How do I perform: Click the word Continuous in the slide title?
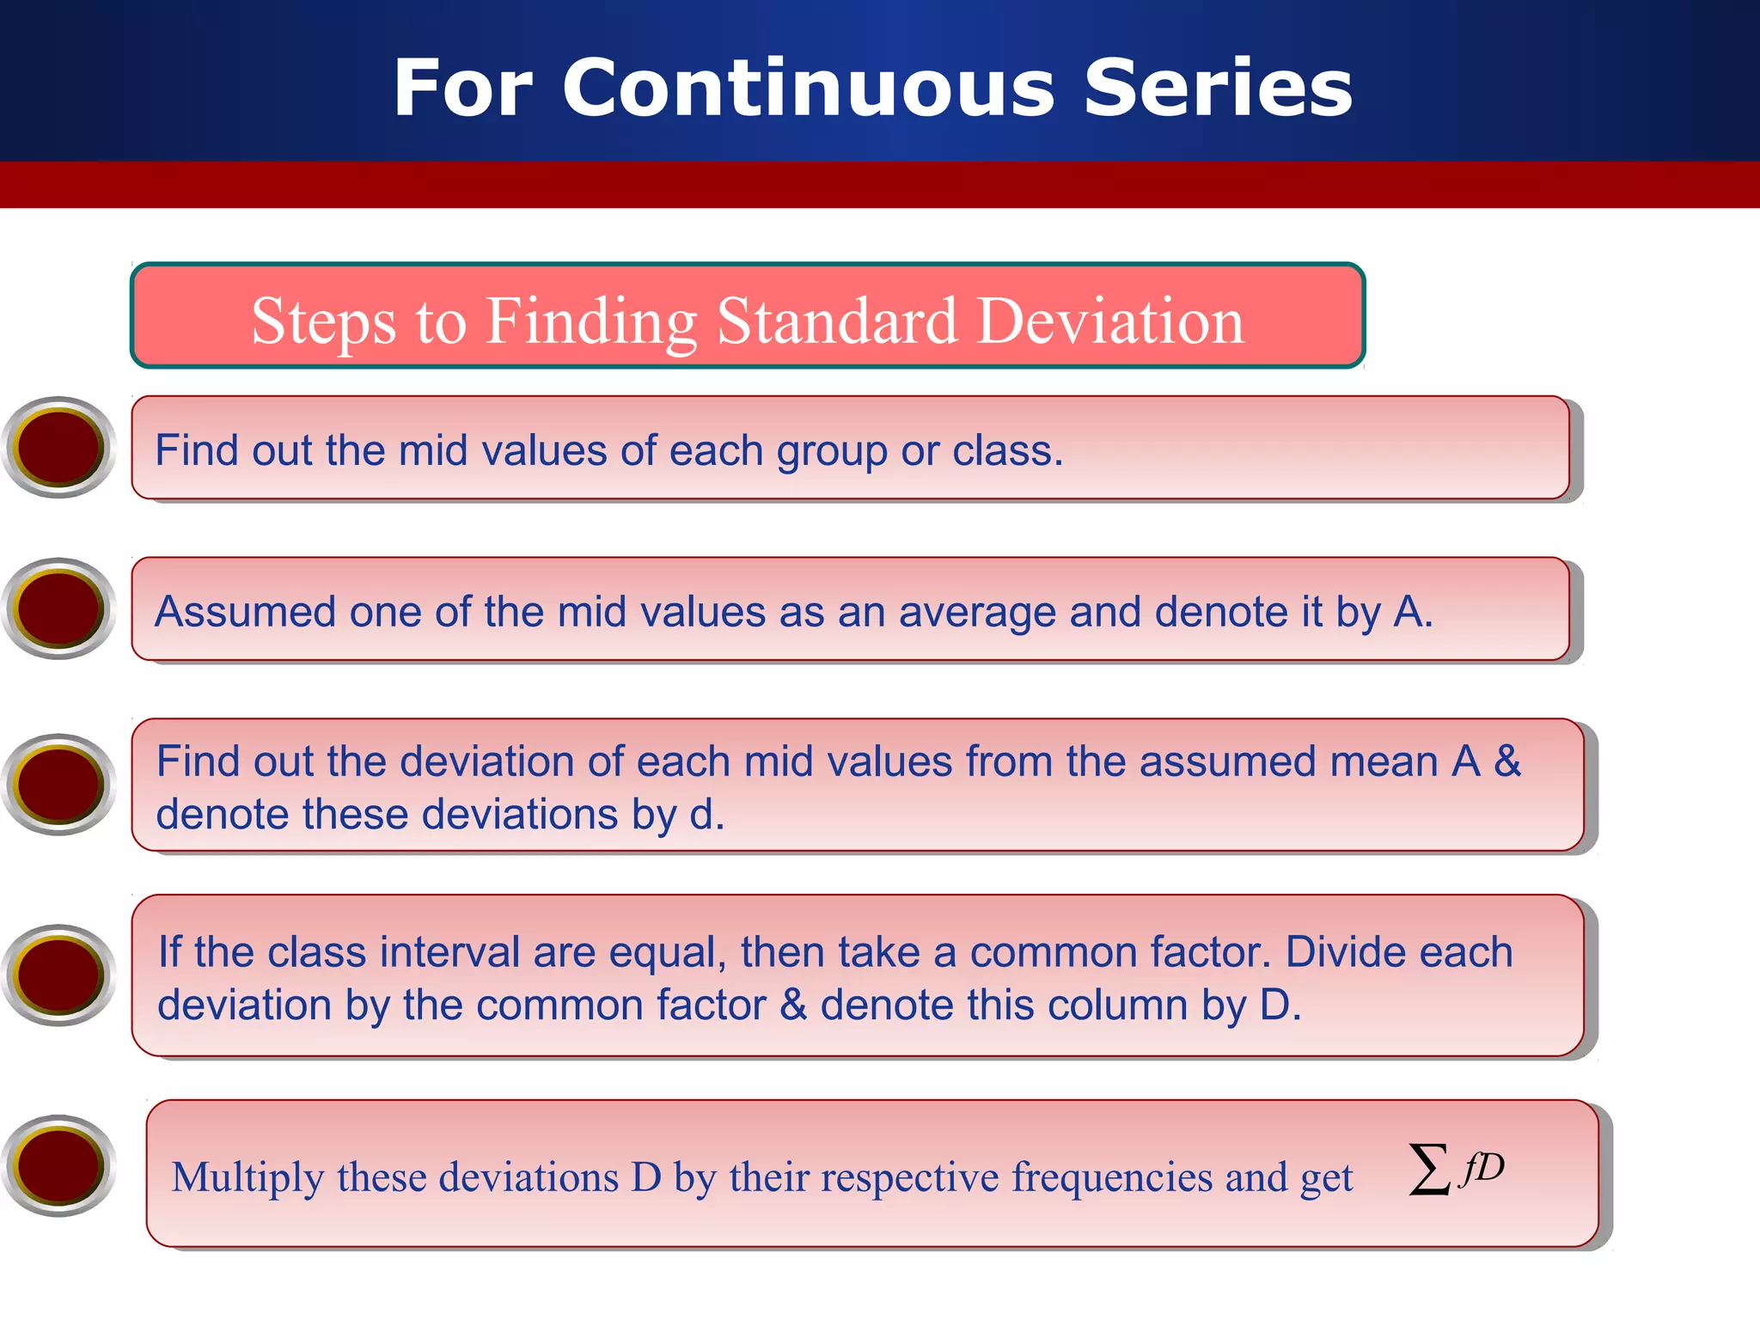(808, 89)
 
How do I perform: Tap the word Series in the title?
(1218, 89)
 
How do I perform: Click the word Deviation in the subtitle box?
(1110, 321)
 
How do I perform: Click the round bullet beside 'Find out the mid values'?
(58, 447)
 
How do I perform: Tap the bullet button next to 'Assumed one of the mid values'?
(58, 608)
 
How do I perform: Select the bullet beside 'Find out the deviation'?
(58, 784)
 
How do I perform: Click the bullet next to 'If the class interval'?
(58, 975)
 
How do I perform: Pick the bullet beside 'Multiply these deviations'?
(58, 1165)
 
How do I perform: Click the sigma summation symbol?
(1429, 1169)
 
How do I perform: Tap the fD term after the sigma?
(1483, 1168)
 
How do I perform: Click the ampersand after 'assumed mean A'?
(1507, 761)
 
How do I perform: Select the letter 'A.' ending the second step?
(1413, 613)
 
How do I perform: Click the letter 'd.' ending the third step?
(706, 814)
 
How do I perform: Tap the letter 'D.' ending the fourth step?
(1280, 1005)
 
